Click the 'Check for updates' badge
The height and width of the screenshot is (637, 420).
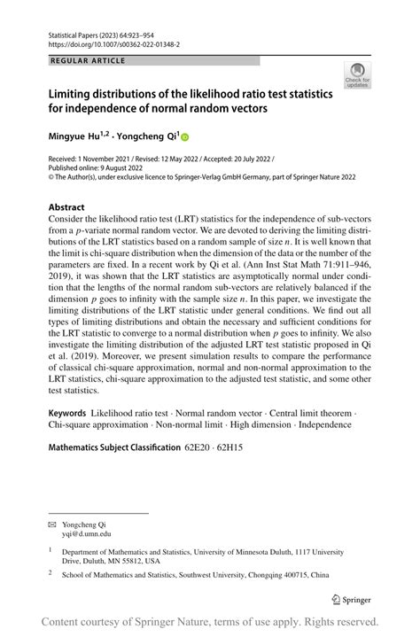click(x=359, y=75)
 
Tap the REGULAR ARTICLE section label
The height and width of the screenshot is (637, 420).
click(x=88, y=60)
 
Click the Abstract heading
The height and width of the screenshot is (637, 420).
click(x=70, y=206)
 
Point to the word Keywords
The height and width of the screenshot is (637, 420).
click(x=67, y=413)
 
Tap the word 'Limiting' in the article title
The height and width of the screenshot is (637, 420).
click(x=75, y=91)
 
